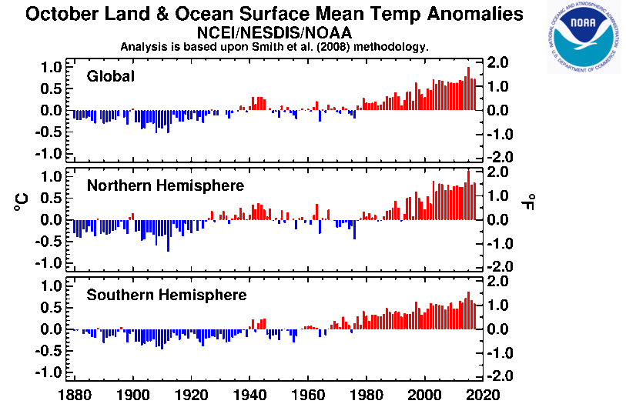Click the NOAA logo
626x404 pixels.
coord(584,38)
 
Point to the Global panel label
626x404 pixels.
coord(111,76)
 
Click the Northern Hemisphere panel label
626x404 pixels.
coord(166,185)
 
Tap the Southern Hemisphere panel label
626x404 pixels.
coord(166,295)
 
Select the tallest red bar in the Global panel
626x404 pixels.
coord(468,88)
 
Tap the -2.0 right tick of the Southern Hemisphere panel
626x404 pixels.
coord(499,376)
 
